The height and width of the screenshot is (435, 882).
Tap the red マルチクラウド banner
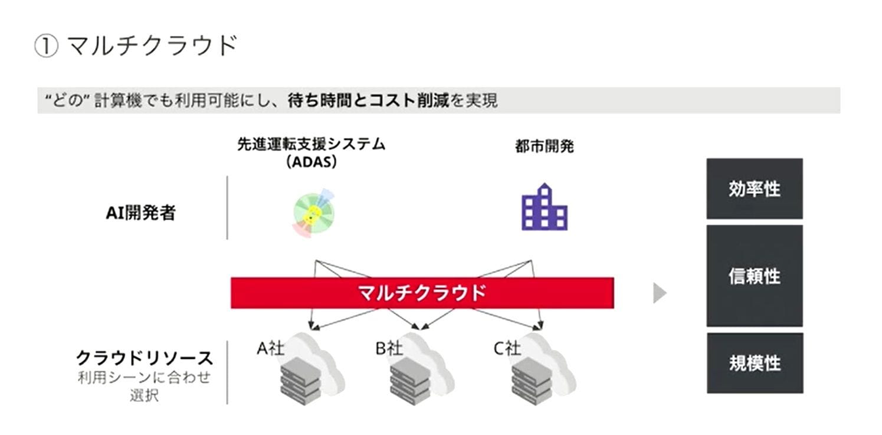(422, 293)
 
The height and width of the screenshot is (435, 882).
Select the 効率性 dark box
(754, 189)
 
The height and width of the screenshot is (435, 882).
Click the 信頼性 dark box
(754, 276)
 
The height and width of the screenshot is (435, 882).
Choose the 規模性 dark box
(755, 363)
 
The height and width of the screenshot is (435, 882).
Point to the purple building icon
(544, 207)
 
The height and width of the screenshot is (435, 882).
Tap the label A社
(270, 348)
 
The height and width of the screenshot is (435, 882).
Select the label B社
(389, 348)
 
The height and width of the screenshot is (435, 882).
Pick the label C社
(507, 348)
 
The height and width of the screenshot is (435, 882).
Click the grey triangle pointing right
(660, 293)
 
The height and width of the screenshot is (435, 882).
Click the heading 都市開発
(544, 146)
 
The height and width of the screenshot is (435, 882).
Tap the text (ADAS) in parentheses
(311, 162)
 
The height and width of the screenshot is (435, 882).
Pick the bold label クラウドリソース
(144, 358)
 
